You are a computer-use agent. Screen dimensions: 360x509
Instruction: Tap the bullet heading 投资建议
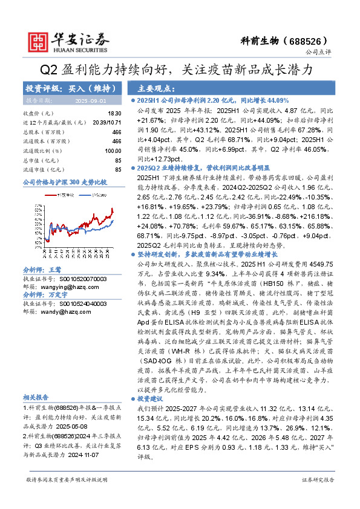pos(152,400)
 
